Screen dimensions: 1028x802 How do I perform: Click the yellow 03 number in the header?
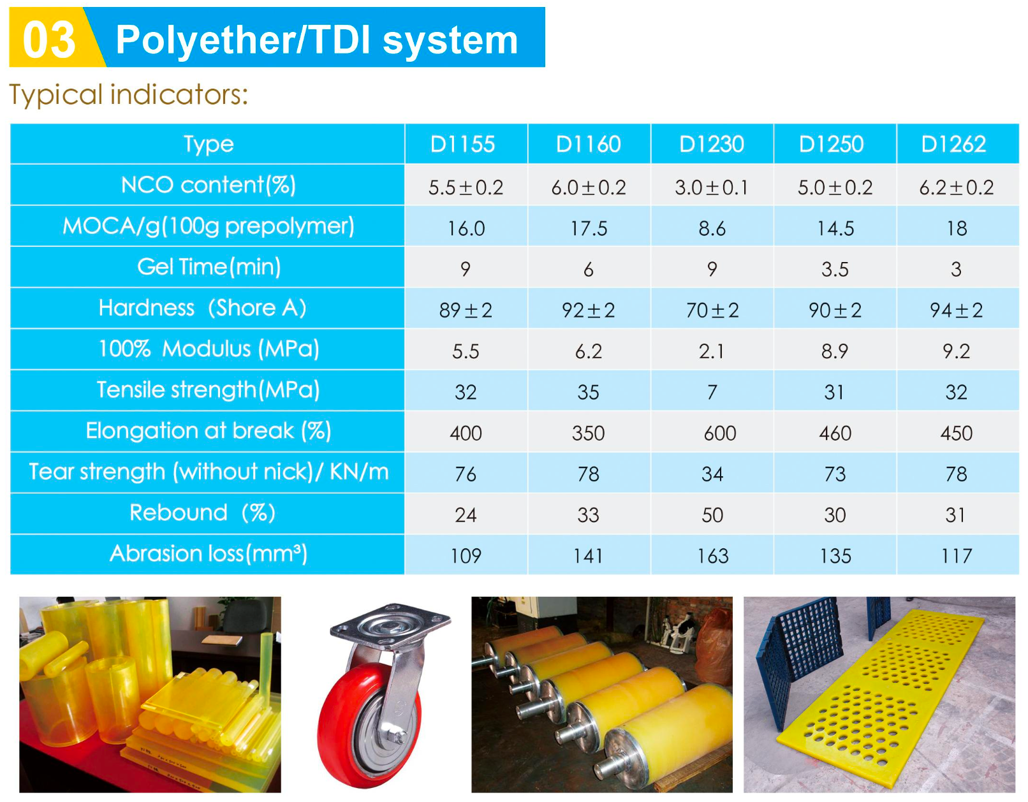point(48,40)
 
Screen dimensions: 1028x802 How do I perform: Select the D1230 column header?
point(711,144)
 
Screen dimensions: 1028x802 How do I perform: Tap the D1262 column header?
point(953,144)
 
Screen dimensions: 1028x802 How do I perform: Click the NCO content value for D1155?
point(466,187)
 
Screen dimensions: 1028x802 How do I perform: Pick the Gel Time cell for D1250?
point(835,269)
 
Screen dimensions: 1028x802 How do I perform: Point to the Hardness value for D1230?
point(712,310)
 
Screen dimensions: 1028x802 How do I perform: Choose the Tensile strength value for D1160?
point(588,392)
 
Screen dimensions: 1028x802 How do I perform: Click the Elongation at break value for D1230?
point(719,433)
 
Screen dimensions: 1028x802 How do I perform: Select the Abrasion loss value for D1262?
point(956,556)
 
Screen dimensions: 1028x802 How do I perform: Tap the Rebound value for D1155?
point(466,515)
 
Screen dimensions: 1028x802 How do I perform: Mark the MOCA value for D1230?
point(712,228)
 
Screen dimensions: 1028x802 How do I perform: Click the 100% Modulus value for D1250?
point(835,351)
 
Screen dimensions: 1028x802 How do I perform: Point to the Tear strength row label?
point(209,472)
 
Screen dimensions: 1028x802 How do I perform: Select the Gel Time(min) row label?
point(209,266)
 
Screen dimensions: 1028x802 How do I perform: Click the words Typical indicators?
point(128,94)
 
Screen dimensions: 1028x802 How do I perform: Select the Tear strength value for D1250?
point(835,474)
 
